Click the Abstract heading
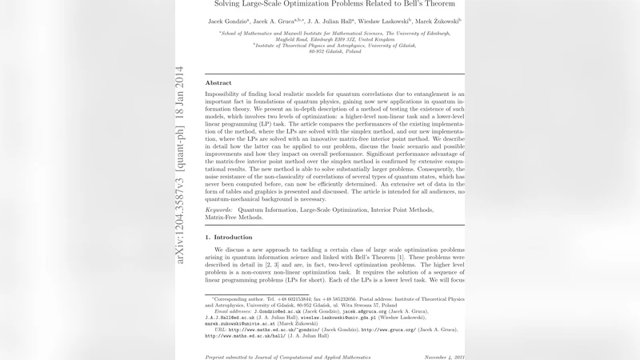(x=218, y=83)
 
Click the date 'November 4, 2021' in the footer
(x=444, y=357)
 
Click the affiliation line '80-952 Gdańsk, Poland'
(x=335, y=52)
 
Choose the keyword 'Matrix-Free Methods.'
(x=234, y=217)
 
